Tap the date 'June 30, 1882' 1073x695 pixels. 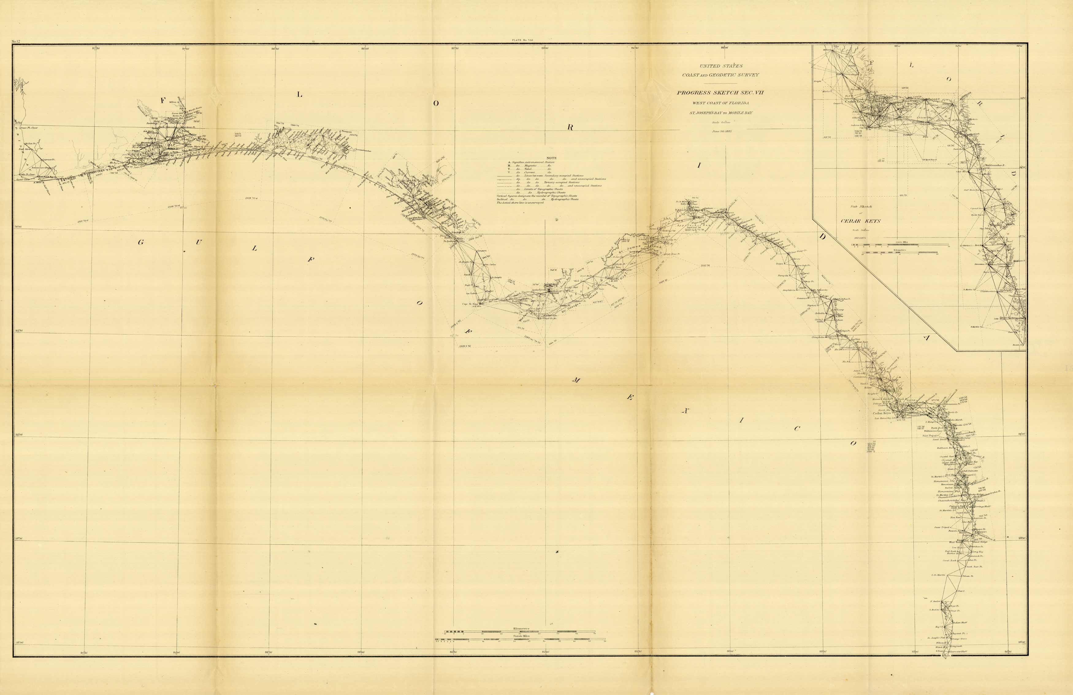(x=721, y=131)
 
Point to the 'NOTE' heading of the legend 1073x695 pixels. (x=552, y=158)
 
